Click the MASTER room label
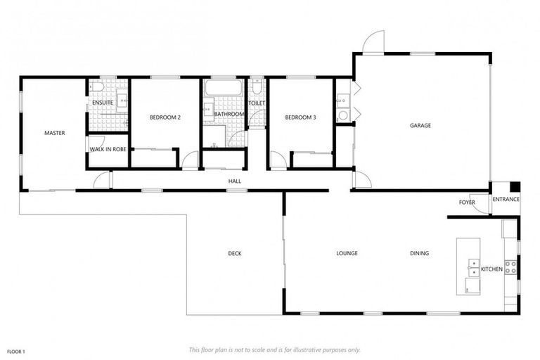pyautogui.click(x=55, y=132)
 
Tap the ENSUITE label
pyautogui.click(x=103, y=103)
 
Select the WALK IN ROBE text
pyautogui.click(x=108, y=149)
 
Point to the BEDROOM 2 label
pyautogui.click(x=165, y=118)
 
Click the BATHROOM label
pyautogui.click(x=229, y=114)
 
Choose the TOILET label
pyautogui.click(x=256, y=103)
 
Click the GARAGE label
pyautogui.click(x=420, y=126)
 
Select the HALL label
pyautogui.click(x=234, y=181)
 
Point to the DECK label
pyautogui.click(x=235, y=254)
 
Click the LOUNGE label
pyautogui.click(x=347, y=254)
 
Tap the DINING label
pyautogui.click(x=420, y=254)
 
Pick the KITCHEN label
pyautogui.click(x=491, y=269)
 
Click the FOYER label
pyautogui.click(x=467, y=203)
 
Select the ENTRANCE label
pyautogui.click(x=506, y=199)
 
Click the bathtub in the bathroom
pyautogui.click(x=223, y=89)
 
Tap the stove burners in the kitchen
pyautogui.click(x=511, y=267)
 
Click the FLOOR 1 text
pyautogui.click(x=16, y=351)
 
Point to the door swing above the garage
pyautogui.click(x=373, y=42)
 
